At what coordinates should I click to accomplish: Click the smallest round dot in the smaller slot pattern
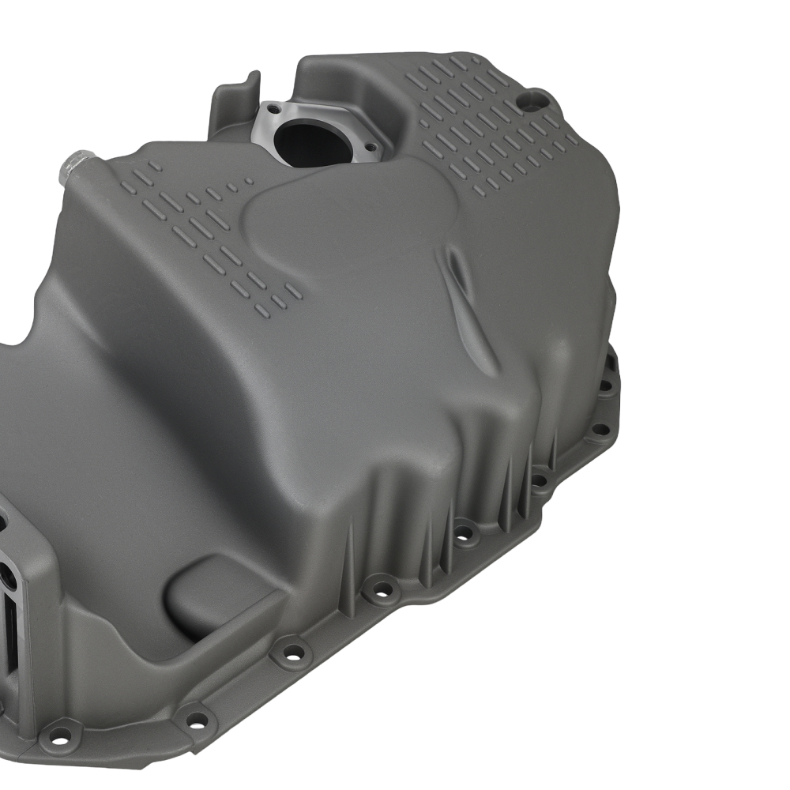[x=249, y=181]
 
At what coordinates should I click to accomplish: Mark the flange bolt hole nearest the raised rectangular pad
[x=292, y=653]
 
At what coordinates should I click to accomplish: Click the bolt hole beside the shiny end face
[x=60, y=735]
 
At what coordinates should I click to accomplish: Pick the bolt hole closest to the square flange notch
[x=605, y=386]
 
